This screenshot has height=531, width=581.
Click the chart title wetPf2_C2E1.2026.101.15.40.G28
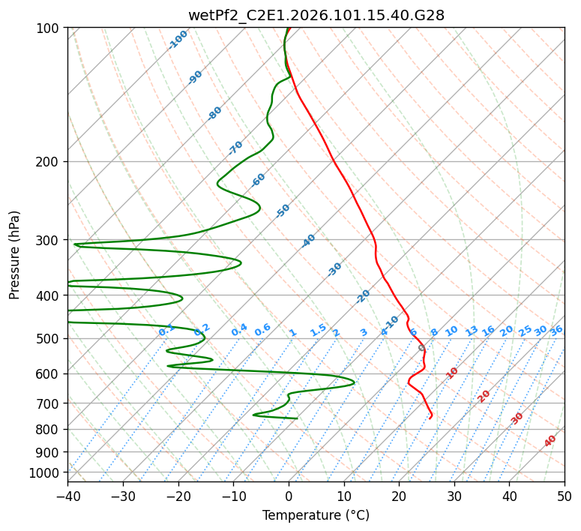coord(316,15)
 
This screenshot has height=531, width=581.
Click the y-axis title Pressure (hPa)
coord(15,255)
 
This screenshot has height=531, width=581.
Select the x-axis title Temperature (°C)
coord(316,516)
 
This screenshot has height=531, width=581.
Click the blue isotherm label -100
coord(178,40)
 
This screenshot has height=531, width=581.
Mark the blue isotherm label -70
coord(236,148)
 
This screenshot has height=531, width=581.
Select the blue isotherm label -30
coord(335,269)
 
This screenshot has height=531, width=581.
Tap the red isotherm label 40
coord(550,441)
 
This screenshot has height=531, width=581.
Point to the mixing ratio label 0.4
coord(239,330)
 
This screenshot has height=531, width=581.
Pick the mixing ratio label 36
coord(556,330)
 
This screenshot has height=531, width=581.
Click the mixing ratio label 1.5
coord(318,330)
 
